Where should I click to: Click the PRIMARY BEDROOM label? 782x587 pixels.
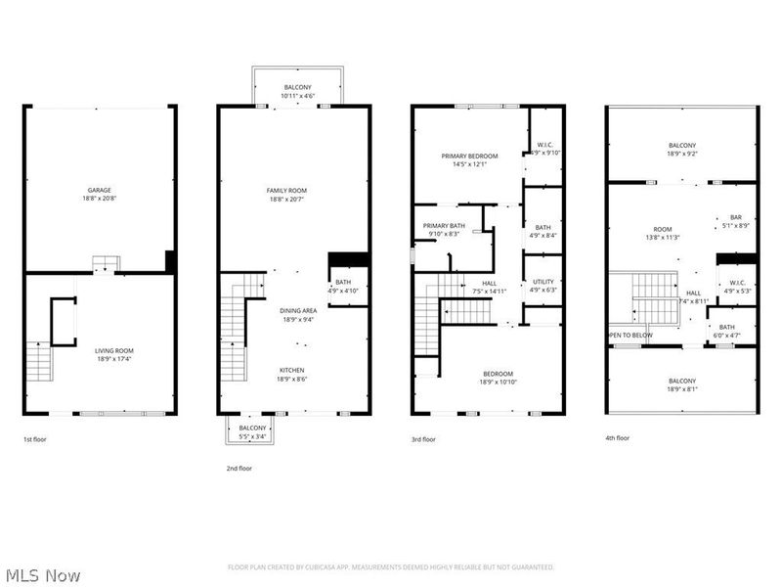tap(470, 157)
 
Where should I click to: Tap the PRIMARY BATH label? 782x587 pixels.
tap(443, 226)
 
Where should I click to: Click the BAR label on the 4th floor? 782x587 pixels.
tap(736, 217)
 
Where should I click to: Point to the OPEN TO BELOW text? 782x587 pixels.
tap(630, 335)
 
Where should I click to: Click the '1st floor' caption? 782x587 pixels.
tap(34, 439)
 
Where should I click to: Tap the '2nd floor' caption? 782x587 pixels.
tap(239, 469)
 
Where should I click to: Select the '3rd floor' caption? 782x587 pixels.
tap(422, 439)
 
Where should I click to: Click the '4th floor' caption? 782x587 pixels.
tap(617, 437)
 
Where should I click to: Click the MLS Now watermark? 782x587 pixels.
tap(42, 575)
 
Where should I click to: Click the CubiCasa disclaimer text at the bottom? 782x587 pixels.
tap(391, 566)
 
